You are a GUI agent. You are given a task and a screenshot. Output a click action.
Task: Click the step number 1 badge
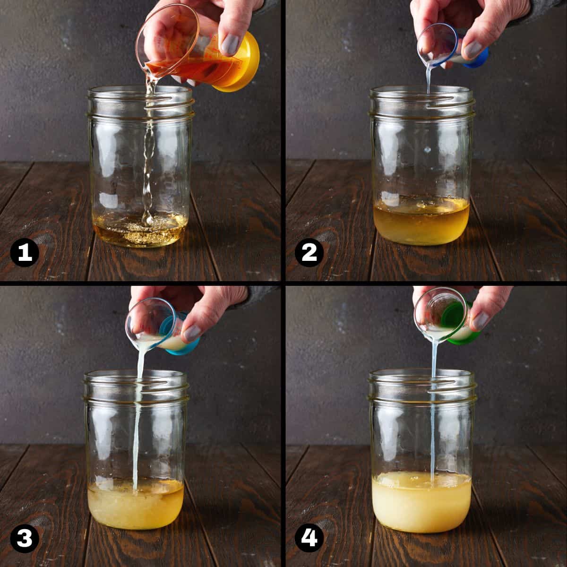point(25,252)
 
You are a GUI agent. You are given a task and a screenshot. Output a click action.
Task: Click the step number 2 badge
point(309,252)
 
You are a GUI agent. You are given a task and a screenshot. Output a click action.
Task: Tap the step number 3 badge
point(25,537)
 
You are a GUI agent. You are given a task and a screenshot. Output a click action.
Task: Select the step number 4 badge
point(309,537)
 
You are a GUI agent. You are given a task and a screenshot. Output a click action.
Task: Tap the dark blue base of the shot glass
point(477,59)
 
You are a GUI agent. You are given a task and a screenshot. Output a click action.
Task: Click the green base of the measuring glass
point(459,324)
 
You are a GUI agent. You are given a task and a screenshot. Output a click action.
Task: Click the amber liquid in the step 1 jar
point(140,231)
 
